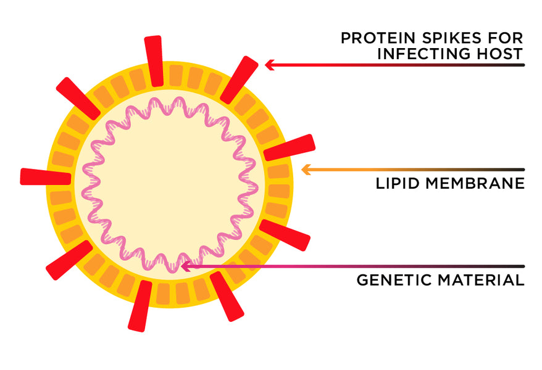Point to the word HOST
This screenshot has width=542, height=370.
click(x=501, y=54)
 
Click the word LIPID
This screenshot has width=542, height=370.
click(x=394, y=183)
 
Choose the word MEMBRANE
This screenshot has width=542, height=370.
click(x=473, y=183)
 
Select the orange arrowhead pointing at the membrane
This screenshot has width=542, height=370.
click(x=304, y=169)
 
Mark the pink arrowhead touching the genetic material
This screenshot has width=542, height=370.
click(x=186, y=266)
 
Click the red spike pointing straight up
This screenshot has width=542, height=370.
click(x=154, y=60)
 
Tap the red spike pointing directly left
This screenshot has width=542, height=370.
click(x=45, y=177)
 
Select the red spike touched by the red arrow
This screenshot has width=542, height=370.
click(x=240, y=79)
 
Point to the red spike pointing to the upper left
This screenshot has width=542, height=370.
click(x=78, y=98)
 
